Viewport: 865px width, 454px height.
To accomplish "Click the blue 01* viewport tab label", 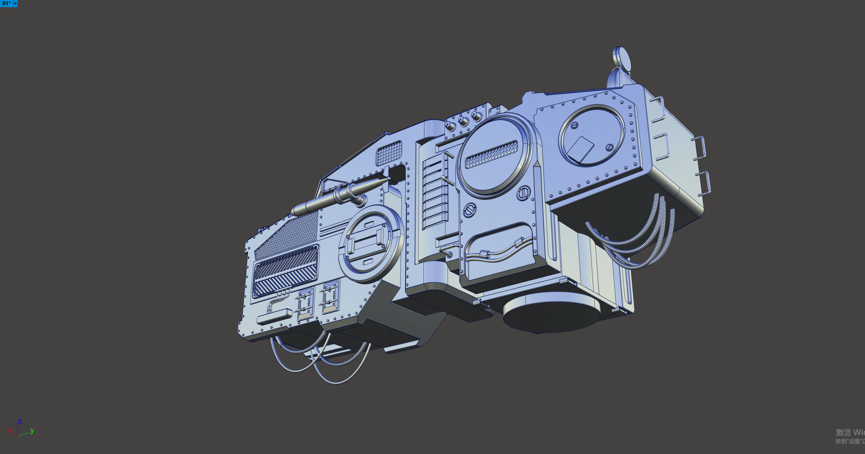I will (x=7, y=3).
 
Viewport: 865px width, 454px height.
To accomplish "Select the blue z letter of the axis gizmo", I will (x=20, y=421).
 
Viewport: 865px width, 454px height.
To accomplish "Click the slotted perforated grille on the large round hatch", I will (x=491, y=155).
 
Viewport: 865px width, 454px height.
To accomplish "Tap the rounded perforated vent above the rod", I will (x=389, y=153).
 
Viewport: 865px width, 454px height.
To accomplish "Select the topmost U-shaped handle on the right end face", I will (x=658, y=109).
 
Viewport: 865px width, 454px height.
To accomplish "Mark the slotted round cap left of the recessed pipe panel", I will (x=469, y=210).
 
